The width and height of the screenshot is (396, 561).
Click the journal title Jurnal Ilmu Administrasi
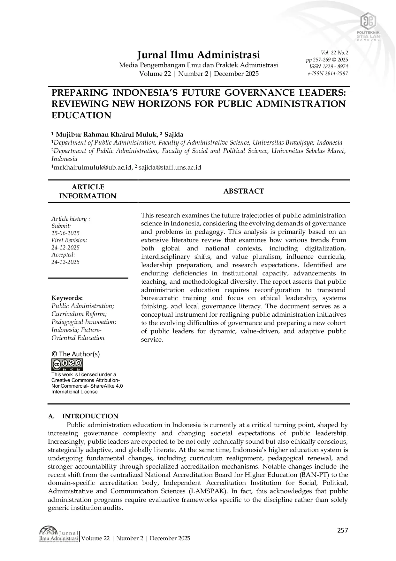coord(198,55)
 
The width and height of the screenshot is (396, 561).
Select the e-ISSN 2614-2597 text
coord(328,74)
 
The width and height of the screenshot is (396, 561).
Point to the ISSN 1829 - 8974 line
coord(329,67)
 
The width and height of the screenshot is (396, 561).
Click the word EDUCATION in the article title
coord(81,115)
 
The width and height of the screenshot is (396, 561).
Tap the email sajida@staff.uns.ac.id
coord(170,167)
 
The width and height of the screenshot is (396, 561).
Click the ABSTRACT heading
coord(243,191)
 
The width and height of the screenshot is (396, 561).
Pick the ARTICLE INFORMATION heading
coord(88,191)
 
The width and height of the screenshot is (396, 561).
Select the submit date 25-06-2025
coord(65,233)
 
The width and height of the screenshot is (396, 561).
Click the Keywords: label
coord(67,298)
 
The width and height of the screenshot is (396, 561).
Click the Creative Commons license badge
coord(67,365)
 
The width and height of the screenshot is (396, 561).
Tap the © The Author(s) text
coord(76,354)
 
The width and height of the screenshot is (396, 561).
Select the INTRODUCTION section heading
coord(90,416)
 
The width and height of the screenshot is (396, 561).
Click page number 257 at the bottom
coord(342,530)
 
